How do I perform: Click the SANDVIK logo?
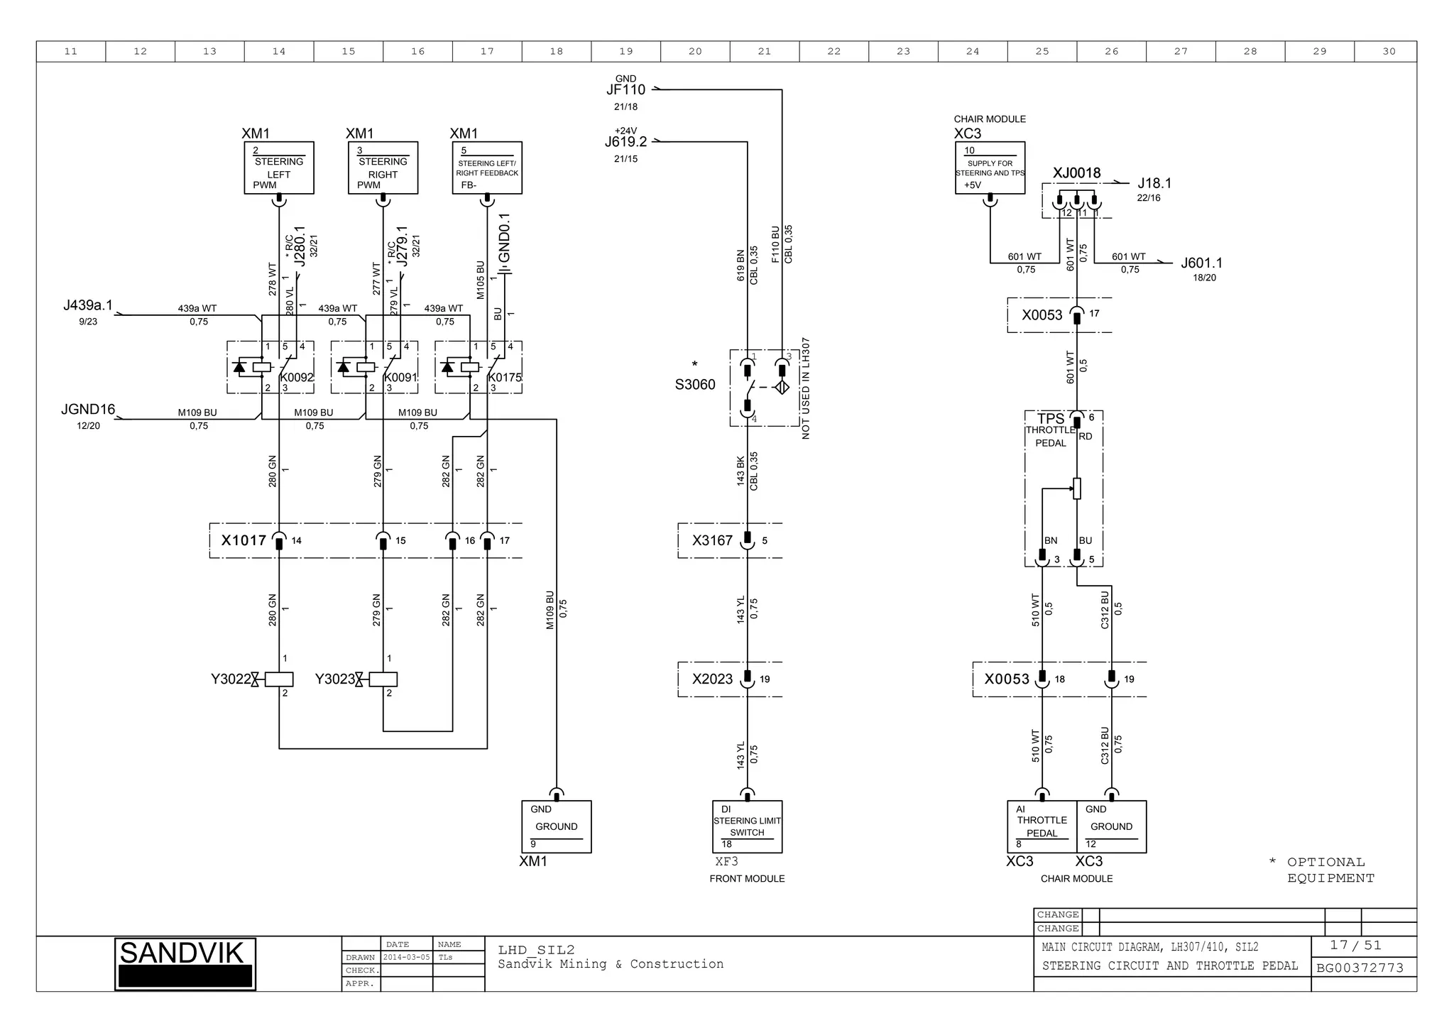click(x=185, y=963)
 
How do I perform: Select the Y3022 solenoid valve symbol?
click(x=278, y=679)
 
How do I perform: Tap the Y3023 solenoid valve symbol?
click(x=382, y=679)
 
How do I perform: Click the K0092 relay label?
click(x=297, y=378)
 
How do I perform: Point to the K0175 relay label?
click(x=505, y=378)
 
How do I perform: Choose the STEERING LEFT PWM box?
click(x=279, y=168)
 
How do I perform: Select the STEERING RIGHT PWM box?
click(x=383, y=168)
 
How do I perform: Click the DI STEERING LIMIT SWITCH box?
click(x=747, y=827)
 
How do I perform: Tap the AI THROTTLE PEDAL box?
click(x=1042, y=827)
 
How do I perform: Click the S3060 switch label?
click(x=695, y=385)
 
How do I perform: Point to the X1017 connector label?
click(x=244, y=541)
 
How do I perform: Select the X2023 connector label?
click(x=712, y=679)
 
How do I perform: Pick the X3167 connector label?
click(x=712, y=541)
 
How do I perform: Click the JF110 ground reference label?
click(x=625, y=90)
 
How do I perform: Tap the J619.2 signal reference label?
click(x=625, y=142)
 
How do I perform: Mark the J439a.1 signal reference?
click(x=88, y=306)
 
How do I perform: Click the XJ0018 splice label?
click(x=1076, y=173)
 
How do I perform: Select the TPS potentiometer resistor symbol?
click(x=1076, y=488)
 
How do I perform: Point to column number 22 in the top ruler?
click(x=833, y=51)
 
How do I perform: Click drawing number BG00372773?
click(x=1360, y=968)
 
